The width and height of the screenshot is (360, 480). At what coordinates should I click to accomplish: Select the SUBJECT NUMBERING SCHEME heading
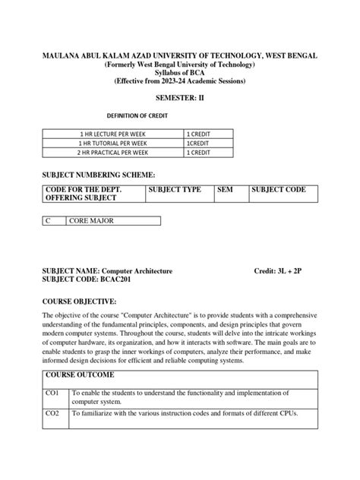click(101, 173)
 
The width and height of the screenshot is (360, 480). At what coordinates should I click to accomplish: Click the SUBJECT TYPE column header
click(175, 189)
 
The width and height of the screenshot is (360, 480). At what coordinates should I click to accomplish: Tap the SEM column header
click(226, 189)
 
